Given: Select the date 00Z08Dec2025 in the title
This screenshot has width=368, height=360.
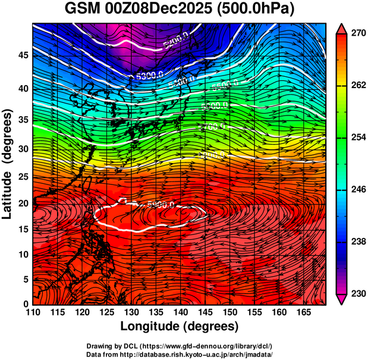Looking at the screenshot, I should (x=160, y=10).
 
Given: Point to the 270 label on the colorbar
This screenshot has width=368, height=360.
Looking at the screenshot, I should (x=358, y=33).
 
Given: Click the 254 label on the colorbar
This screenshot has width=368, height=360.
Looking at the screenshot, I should (x=358, y=137).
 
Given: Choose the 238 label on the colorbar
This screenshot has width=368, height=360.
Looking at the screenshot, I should (x=358, y=242).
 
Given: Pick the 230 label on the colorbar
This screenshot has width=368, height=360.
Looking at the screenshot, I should (x=358, y=293).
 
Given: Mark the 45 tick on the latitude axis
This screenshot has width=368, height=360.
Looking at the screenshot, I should (x=22, y=55).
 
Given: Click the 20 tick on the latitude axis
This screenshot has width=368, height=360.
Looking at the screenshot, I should (x=22, y=204).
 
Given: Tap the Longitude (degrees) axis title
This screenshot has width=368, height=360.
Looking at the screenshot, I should (x=180, y=327).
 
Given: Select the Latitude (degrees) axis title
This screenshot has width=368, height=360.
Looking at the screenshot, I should (x=8, y=164).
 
